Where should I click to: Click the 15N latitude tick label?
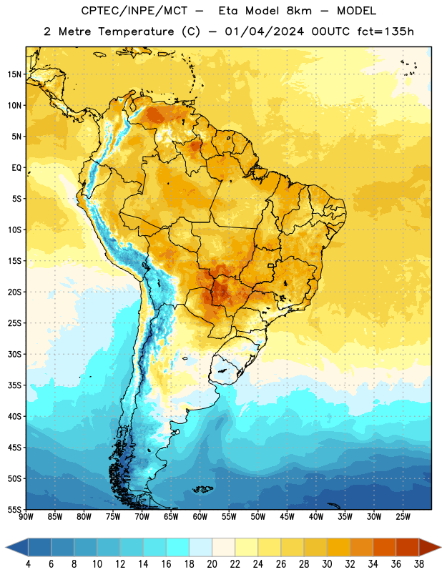click(14, 74)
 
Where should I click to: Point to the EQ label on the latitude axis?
click(16, 168)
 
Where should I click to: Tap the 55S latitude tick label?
click(14, 509)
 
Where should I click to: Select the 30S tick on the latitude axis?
click(14, 354)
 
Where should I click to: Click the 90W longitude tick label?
click(26, 517)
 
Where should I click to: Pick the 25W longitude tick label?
click(403, 517)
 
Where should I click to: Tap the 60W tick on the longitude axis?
click(200, 517)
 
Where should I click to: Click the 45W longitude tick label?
click(288, 517)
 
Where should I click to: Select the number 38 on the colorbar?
click(418, 564)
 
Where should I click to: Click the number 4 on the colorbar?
click(28, 564)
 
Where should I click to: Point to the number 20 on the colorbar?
click(212, 564)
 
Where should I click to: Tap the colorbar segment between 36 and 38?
click(408, 547)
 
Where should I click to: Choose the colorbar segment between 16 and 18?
click(177, 547)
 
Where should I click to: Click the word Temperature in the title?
click(136, 31)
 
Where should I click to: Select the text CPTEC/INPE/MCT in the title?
click(134, 11)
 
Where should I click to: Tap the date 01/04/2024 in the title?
click(264, 31)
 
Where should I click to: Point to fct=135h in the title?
click(385, 31)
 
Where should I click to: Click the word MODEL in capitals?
click(356, 11)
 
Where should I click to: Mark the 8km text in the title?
click(299, 11)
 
